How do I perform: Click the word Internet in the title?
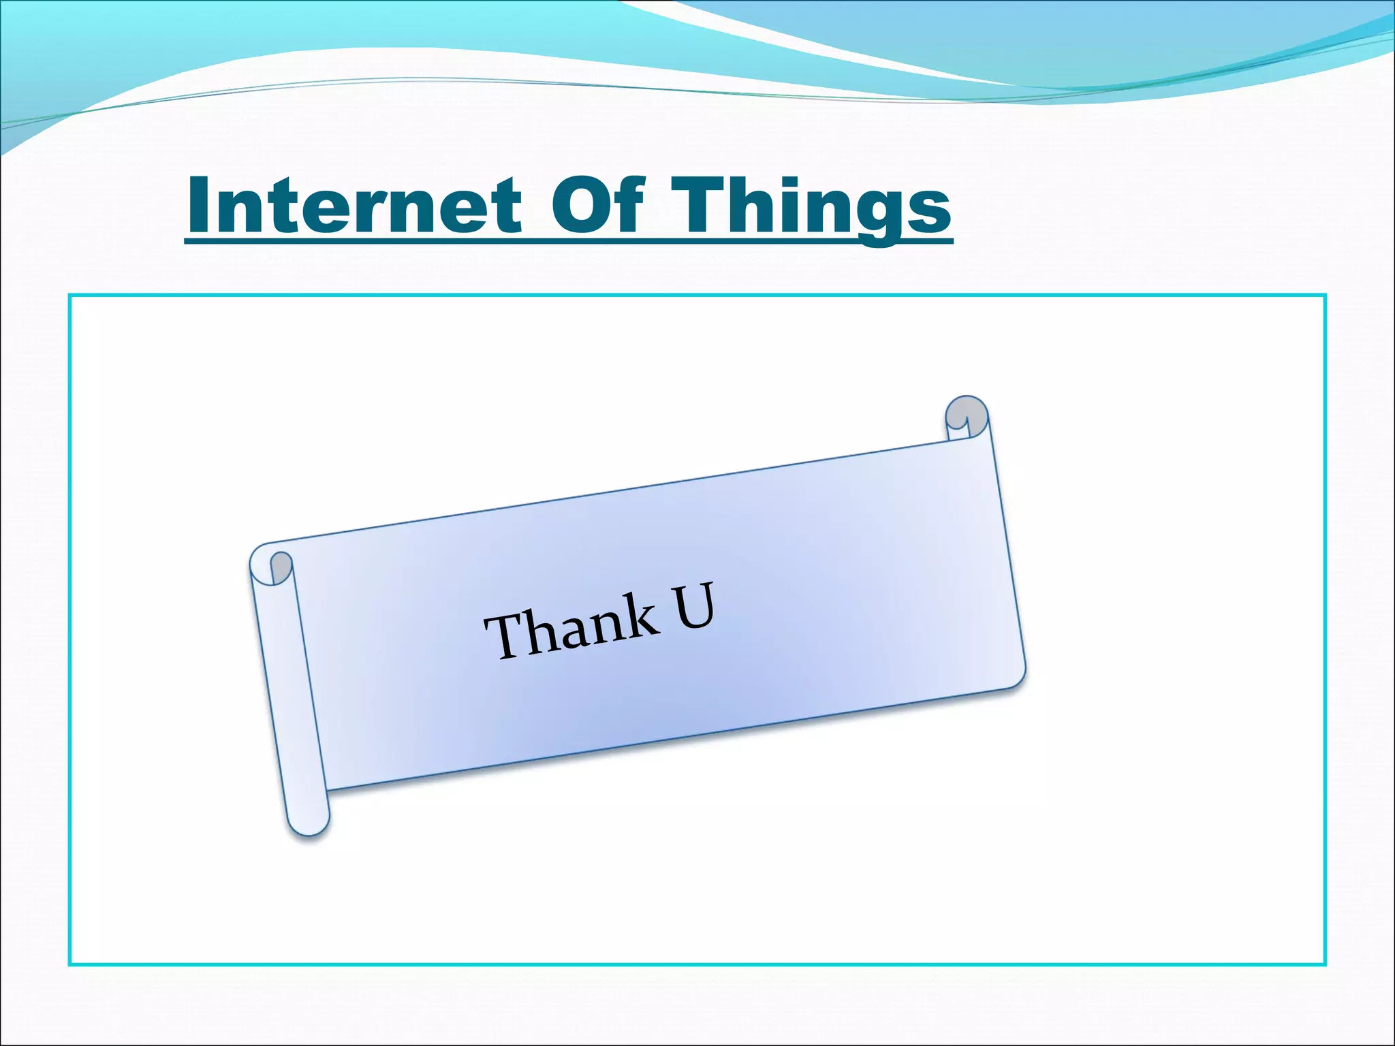click(x=354, y=204)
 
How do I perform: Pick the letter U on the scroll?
click(x=694, y=605)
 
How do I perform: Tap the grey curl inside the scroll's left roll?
click(x=281, y=567)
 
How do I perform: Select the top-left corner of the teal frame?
click(x=70, y=296)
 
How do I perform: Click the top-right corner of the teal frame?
click(x=1325, y=296)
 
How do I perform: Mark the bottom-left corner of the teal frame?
click(x=70, y=964)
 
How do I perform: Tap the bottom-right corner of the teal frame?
click(x=1325, y=964)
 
